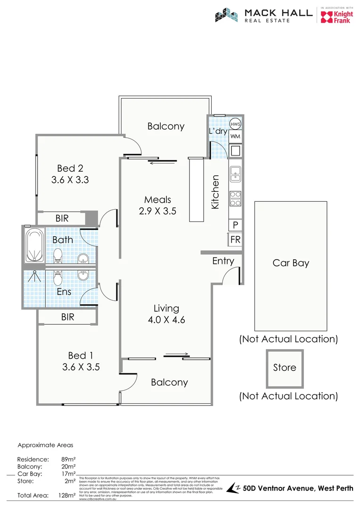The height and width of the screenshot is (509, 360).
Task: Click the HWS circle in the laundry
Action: pos(236,124)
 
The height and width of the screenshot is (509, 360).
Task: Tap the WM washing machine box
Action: pos(236,136)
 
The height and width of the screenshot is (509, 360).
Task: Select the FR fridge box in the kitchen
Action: pos(235,239)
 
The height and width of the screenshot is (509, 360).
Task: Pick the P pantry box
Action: pos(235,225)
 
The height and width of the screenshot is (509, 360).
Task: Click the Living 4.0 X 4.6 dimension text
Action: pos(166,320)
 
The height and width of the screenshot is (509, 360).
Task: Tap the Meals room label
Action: pos(157,200)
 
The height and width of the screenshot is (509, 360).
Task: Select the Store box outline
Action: pos(285,368)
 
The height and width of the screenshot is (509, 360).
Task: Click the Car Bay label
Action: pos(291,263)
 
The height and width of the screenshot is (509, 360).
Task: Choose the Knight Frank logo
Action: pos(336,17)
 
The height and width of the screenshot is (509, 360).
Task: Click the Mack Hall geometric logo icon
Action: pos(227,16)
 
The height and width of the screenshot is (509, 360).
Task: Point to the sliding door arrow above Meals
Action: pos(162,163)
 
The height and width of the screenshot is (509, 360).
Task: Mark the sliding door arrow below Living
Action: pos(177,354)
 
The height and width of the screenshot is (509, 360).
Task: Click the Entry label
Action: pos(223,261)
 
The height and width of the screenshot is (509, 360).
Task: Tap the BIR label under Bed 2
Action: pos(62,218)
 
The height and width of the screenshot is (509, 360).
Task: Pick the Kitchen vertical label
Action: pos(215,192)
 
